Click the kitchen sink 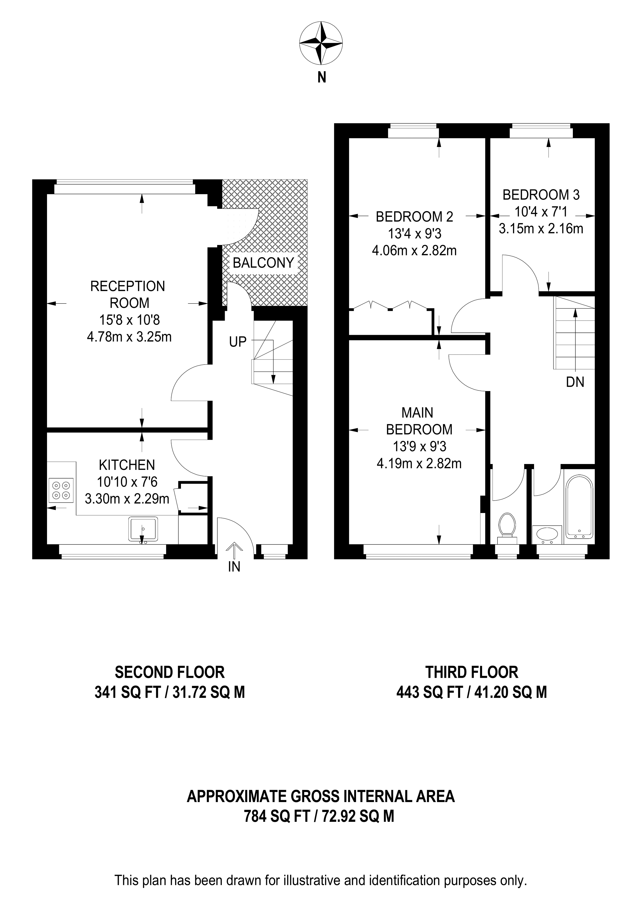click(x=143, y=528)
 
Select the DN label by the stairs click(x=575, y=382)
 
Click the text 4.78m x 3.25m click(x=129, y=337)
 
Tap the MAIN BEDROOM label click(x=419, y=421)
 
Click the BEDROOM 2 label click(x=414, y=216)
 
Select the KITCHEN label click(x=127, y=465)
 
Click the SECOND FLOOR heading click(x=170, y=672)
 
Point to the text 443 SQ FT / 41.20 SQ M click(x=471, y=692)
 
